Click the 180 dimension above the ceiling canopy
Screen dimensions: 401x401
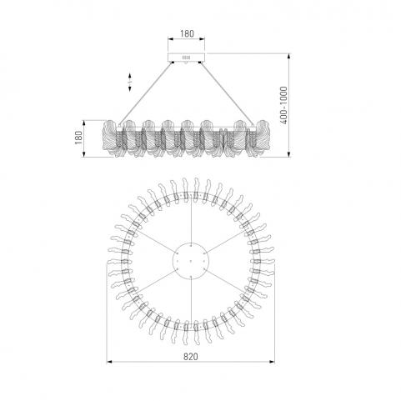pyautogui.click(x=187, y=33)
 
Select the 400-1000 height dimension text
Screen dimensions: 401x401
pyautogui.click(x=283, y=105)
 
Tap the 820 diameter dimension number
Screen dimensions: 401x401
pyautogui.click(x=191, y=357)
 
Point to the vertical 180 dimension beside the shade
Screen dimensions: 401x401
pyautogui.click(x=78, y=138)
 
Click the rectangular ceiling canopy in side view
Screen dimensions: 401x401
pyautogui.click(x=186, y=57)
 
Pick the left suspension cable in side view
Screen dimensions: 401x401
pyautogui.click(x=146, y=94)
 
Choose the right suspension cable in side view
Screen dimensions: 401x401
pyautogui.click(x=228, y=94)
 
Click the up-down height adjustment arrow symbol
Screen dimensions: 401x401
pyautogui.click(x=130, y=83)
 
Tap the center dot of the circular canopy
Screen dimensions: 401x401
pyautogui.click(x=191, y=261)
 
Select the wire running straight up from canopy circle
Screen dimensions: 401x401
pyautogui.click(x=191, y=220)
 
